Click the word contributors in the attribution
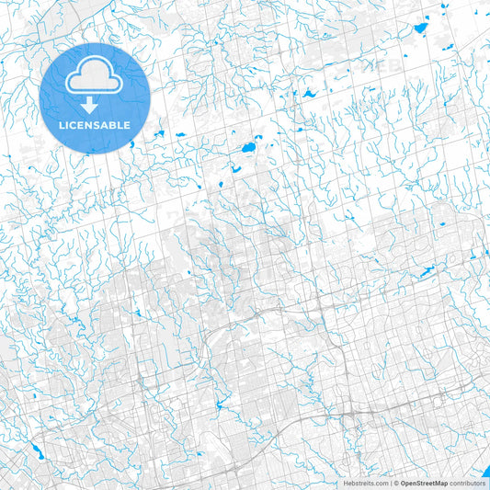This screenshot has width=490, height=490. [x=467, y=483]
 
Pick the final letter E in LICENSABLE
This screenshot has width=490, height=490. [x=127, y=124]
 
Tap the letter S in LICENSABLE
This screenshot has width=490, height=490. [x=96, y=124]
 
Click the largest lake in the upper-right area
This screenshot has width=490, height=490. [x=421, y=28]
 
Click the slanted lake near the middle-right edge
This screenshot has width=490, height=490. [x=427, y=272]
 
